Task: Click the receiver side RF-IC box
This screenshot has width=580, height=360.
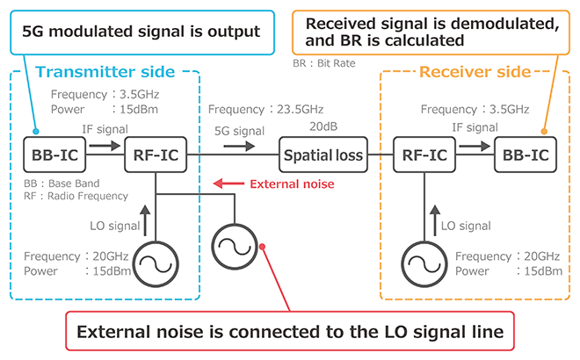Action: click(x=423, y=155)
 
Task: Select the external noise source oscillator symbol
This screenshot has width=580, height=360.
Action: click(x=235, y=241)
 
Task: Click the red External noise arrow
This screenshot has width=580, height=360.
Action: click(x=230, y=184)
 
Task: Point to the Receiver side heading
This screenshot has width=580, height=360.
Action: click(x=475, y=71)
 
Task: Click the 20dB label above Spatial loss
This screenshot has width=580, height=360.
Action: click(x=322, y=126)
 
